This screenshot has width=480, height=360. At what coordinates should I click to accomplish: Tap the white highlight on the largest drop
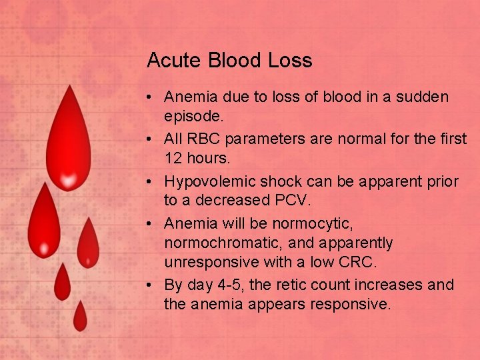(x=67, y=179)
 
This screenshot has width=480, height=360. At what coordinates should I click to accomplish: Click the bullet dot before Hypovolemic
(x=153, y=181)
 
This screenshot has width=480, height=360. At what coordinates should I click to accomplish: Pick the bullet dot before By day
(x=153, y=285)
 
